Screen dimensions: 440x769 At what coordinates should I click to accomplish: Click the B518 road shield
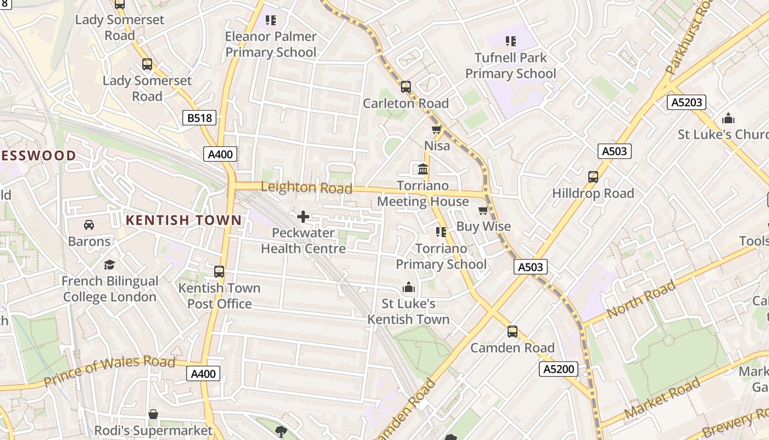click(x=199, y=118)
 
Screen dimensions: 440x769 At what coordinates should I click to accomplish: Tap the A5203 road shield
click(x=687, y=102)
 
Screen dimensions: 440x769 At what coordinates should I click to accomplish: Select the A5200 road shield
click(x=559, y=369)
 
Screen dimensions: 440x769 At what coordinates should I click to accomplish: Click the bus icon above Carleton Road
click(x=406, y=87)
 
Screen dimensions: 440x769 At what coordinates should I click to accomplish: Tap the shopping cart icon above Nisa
click(x=437, y=130)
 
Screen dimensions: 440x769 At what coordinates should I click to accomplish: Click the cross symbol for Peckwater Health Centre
click(x=303, y=216)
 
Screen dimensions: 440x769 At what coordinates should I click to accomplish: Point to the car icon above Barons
click(x=89, y=225)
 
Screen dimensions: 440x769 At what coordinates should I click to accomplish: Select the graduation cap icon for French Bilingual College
click(x=109, y=265)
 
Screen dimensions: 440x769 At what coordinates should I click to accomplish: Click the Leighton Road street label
click(x=306, y=188)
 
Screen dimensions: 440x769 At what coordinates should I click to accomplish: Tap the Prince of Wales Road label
click(x=109, y=372)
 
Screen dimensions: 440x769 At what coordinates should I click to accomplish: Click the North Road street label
click(x=641, y=300)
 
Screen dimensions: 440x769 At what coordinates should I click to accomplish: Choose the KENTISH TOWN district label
click(x=183, y=221)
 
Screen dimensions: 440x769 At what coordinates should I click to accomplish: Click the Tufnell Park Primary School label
click(x=511, y=65)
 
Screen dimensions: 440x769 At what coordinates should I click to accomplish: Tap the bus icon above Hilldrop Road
click(x=593, y=177)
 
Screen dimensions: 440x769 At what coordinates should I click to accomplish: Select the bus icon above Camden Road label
click(x=512, y=332)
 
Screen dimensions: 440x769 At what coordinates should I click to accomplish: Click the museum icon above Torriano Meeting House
click(x=423, y=169)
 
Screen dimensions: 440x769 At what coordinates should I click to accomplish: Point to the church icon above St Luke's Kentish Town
click(x=408, y=288)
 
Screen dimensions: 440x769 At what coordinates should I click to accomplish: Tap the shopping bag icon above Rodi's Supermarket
click(x=153, y=414)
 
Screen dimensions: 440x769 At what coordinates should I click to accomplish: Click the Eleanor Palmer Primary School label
click(x=271, y=45)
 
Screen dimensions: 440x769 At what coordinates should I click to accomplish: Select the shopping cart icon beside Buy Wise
click(x=483, y=210)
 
